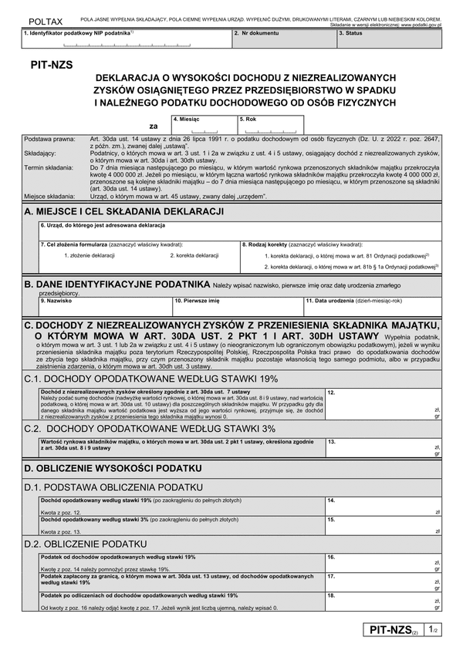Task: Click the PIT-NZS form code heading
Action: click(x=49, y=66)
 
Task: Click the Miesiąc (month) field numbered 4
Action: click(x=203, y=126)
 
